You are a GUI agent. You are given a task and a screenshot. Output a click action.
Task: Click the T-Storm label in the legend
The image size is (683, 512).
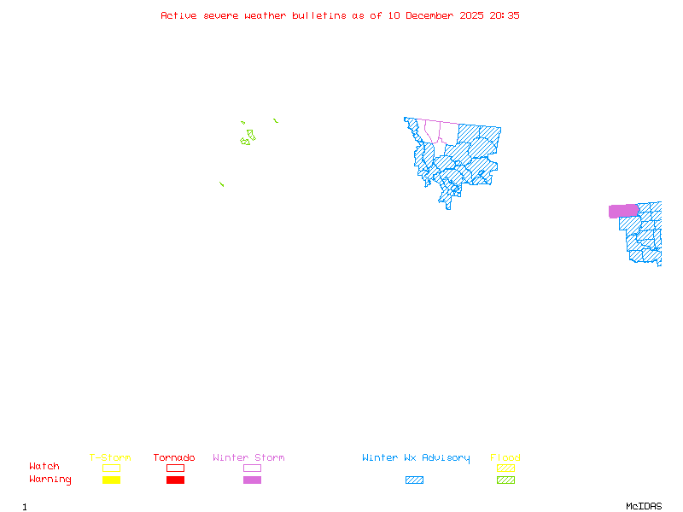[110, 458]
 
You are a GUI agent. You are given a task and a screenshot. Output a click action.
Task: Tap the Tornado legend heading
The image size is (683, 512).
[174, 458]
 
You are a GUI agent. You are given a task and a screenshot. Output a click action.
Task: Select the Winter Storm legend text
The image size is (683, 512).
[248, 458]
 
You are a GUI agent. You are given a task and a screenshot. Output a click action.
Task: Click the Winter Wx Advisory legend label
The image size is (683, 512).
[416, 458]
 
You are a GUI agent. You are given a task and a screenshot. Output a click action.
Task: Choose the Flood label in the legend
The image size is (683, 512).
[505, 458]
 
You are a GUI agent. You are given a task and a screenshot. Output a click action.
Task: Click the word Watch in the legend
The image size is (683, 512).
[44, 467]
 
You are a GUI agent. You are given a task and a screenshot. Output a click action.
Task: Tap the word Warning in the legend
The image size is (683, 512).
[50, 480]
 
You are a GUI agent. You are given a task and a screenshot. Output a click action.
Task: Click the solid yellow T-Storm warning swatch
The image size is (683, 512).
[111, 480]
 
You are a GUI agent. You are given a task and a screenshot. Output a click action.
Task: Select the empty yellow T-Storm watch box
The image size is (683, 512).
[111, 468]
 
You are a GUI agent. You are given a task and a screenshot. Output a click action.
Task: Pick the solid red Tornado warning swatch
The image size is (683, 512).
[175, 480]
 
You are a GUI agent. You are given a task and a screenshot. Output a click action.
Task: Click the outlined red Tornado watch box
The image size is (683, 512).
[175, 468]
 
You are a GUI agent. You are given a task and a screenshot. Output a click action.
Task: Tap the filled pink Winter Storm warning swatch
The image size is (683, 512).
[252, 480]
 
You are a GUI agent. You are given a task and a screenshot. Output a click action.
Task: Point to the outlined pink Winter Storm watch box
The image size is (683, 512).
[252, 468]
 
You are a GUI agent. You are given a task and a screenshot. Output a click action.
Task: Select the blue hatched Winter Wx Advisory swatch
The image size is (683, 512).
[414, 480]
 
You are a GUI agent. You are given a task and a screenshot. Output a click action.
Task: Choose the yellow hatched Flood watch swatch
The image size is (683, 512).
[505, 468]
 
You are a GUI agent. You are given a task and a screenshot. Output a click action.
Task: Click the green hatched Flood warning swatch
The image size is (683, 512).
[505, 480]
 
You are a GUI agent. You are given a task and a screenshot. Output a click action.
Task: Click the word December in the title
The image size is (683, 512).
[431, 15]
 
